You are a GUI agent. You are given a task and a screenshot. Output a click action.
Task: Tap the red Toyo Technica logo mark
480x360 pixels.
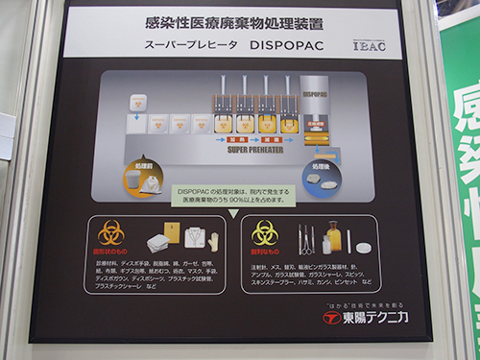coord(332,318)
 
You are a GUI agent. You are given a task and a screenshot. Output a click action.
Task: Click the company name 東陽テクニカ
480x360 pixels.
coord(377,318)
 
